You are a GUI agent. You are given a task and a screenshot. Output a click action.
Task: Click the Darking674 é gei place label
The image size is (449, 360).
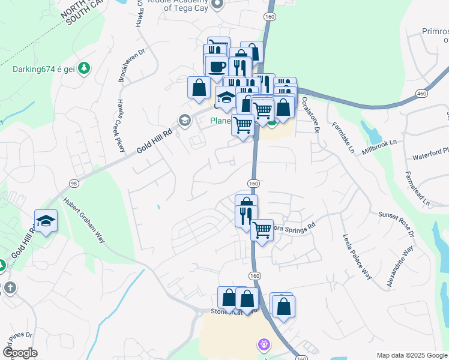point(42,67)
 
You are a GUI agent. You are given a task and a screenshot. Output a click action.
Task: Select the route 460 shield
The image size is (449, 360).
point(422,94)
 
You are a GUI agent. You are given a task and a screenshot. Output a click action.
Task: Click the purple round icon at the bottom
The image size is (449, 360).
point(263,344)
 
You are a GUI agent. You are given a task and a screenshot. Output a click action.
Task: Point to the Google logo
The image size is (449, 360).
point(20,353)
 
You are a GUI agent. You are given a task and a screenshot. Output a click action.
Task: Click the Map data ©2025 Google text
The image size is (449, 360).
point(412,355)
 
